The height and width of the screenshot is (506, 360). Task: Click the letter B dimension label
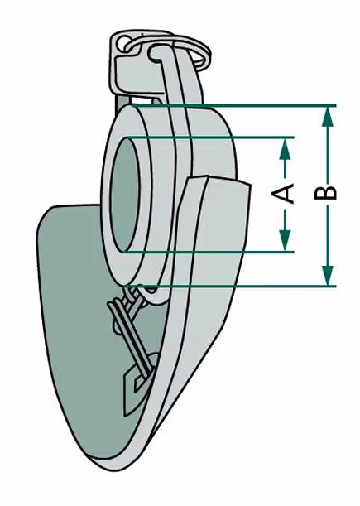[x=325, y=193]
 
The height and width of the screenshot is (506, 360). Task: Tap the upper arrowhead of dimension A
[x=285, y=149]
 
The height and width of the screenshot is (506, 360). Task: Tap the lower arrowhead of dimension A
[x=285, y=240]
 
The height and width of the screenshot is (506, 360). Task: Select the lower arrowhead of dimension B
[x=328, y=275]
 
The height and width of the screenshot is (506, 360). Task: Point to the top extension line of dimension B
[x=234, y=105]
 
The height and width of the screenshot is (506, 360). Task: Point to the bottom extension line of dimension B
[x=231, y=286]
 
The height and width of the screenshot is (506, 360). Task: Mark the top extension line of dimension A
[x=210, y=137]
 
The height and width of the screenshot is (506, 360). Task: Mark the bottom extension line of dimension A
[x=209, y=252]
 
